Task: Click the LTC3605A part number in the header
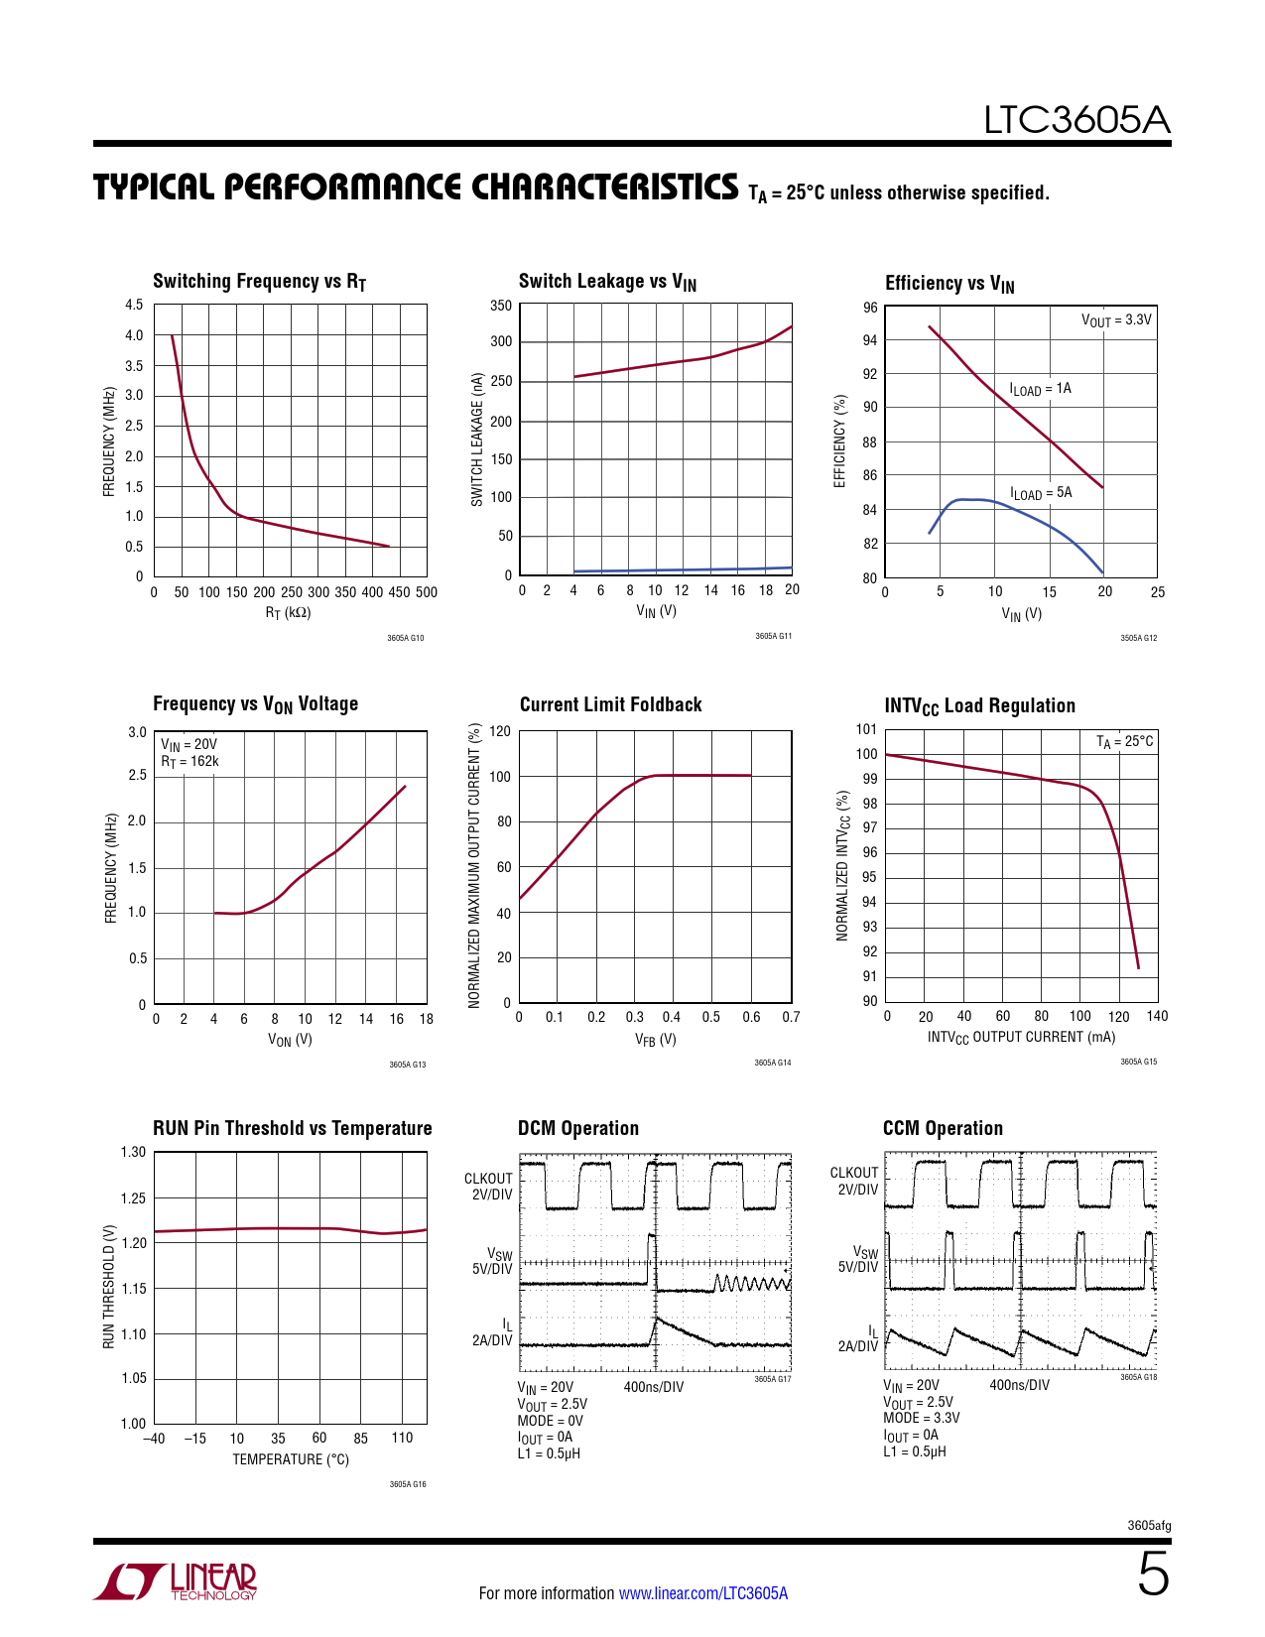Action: [x=1076, y=120]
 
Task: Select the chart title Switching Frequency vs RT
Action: [x=259, y=282]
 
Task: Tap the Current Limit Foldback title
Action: [x=610, y=704]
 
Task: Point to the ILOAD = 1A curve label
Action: [x=1040, y=389]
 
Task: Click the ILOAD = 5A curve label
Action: [x=1041, y=493]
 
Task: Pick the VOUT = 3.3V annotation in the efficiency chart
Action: [x=1116, y=320]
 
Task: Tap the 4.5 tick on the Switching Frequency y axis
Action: [x=134, y=305]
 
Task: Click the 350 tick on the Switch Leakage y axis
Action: [x=501, y=306]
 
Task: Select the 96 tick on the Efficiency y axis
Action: [x=870, y=308]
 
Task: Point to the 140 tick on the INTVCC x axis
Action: [x=1157, y=1016]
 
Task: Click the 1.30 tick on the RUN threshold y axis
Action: [x=133, y=1152]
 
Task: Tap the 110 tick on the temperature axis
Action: [x=402, y=1438]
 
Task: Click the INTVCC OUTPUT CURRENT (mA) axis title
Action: [x=1021, y=1038]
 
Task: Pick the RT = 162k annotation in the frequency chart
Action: [x=190, y=762]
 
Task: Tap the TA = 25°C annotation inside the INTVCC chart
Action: [x=1124, y=742]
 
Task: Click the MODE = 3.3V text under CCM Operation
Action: [x=921, y=1418]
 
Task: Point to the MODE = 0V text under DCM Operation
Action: [x=550, y=1421]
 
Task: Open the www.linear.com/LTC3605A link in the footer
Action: [x=702, y=1593]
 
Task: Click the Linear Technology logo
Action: [x=177, y=1580]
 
